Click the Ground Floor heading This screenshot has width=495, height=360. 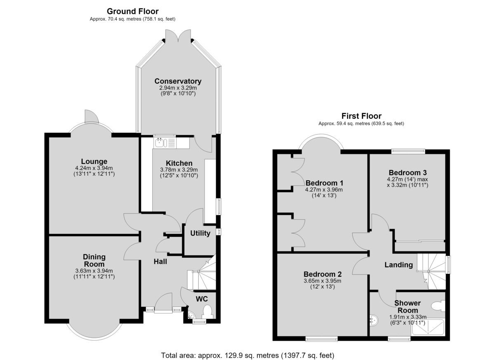132,11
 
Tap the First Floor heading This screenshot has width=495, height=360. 361,116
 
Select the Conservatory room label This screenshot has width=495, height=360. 178,81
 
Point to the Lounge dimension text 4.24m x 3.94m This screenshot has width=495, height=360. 94,168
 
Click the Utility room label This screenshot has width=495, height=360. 200,233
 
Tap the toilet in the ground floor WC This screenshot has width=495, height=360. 207,312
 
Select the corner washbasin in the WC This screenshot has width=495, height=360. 191,315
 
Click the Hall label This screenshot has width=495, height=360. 160,261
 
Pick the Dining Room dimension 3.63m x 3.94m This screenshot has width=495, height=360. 94,271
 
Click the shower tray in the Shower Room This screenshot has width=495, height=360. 428,327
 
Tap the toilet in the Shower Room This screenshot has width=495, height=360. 438,306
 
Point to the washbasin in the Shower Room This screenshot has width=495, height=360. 374,320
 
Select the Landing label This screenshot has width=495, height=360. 398,265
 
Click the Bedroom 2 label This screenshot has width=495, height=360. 323,274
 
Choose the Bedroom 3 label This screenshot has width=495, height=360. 408,172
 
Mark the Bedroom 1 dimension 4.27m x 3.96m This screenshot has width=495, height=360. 324,190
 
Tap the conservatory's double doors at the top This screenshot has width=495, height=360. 178,35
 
